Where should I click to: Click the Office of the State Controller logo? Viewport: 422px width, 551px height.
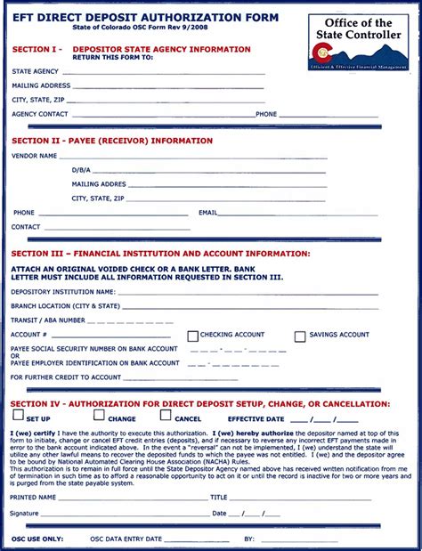tap(359, 43)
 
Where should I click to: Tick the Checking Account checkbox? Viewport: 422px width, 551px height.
tap(192, 336)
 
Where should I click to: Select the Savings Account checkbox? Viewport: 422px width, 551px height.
tap(300, 336)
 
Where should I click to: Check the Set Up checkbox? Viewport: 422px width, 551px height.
tap(18, 417)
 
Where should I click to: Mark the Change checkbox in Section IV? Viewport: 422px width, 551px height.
tap(100, 417)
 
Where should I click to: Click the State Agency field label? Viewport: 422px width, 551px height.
tap(36, 71)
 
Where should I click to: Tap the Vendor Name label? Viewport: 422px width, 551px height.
tap(36, 156)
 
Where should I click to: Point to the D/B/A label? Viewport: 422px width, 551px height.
tap(81, 170)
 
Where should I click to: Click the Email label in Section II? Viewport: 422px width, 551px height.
tap(208, 213)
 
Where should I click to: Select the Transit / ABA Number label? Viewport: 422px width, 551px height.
tap(48, 320)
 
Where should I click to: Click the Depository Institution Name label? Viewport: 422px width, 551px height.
tap(63, 291)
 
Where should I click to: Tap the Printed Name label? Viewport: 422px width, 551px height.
tap(33, 498)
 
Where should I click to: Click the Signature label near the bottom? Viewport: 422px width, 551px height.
tap(24, 514)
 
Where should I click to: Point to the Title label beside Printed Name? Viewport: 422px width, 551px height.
tap(219, 498)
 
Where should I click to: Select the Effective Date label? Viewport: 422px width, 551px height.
tap(256, 418)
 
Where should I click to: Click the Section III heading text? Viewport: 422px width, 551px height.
tap(160, 254)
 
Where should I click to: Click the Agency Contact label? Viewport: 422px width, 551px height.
tap(40, 114)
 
